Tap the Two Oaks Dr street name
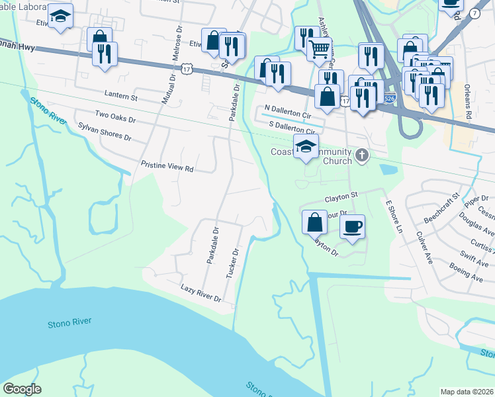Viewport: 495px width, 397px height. [115, 117]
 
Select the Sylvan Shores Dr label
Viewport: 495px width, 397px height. [105, 132]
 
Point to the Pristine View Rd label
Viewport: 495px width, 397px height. [167, 166]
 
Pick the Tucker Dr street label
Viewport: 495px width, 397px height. [232, 263]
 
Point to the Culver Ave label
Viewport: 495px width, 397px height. [424, 247]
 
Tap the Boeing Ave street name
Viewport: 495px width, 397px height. [466, 271]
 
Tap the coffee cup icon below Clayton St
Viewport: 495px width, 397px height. [352, 226]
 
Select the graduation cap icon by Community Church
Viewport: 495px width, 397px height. [306, 147]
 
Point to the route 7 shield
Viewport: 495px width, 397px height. [474, 13]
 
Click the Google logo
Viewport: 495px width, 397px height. [22, 389]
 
